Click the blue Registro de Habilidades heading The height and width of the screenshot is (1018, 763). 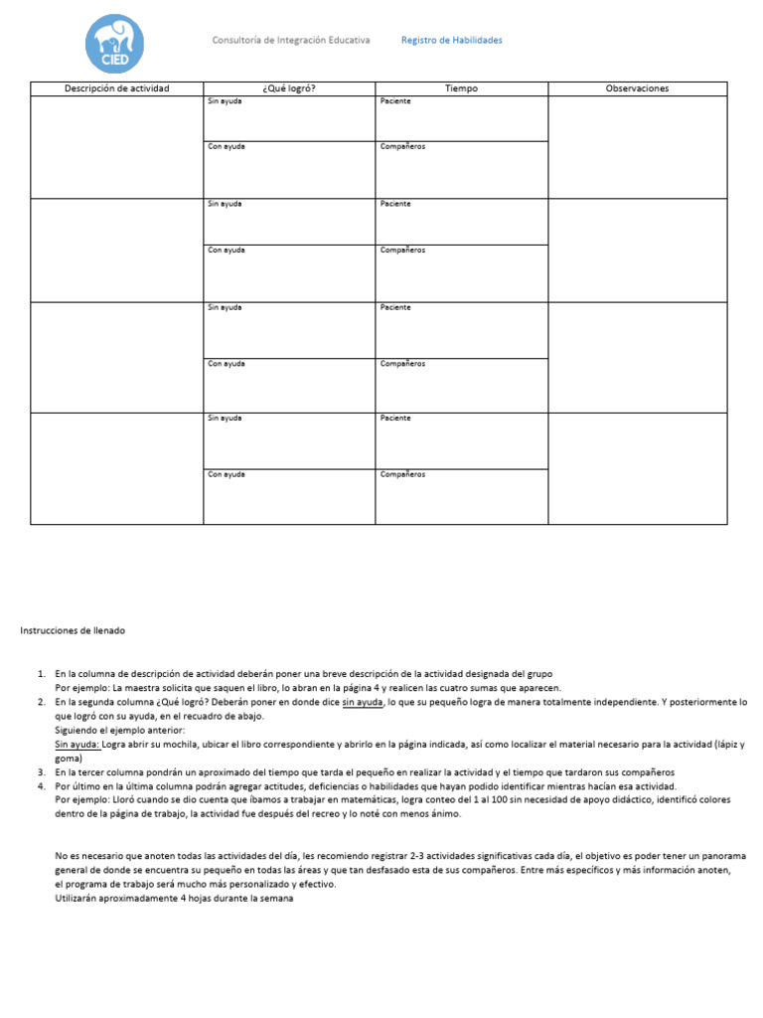451,41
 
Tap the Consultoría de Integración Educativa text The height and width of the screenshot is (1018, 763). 291,41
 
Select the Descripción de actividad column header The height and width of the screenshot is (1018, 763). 116,88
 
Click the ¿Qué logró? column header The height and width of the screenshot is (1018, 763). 289,88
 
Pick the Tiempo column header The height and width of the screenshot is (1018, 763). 461,88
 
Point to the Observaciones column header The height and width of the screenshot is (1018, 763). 637,88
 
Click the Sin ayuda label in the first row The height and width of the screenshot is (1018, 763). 225,101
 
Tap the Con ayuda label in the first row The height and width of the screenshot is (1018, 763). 226,147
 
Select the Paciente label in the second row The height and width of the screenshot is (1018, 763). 395,204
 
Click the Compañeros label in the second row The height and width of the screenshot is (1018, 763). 402,251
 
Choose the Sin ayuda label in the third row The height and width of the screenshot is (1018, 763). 225,307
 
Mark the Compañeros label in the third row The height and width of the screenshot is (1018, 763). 402,364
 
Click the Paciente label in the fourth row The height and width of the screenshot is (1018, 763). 395,419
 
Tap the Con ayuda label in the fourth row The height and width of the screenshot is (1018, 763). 226,474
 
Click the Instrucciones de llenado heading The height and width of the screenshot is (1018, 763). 74,631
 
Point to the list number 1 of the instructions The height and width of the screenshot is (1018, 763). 41,674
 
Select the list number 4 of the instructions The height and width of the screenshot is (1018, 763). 41,785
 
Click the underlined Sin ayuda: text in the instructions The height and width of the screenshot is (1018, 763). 77,744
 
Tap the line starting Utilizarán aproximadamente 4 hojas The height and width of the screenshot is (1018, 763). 175,898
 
